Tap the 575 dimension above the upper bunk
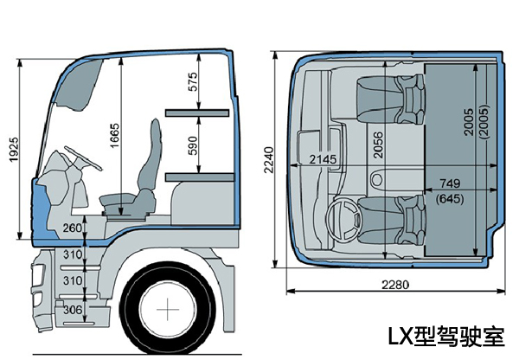coord(193,82)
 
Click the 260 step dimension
coord(73,228)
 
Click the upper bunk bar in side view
coord(199,112)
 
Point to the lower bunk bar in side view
coord(199,176)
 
